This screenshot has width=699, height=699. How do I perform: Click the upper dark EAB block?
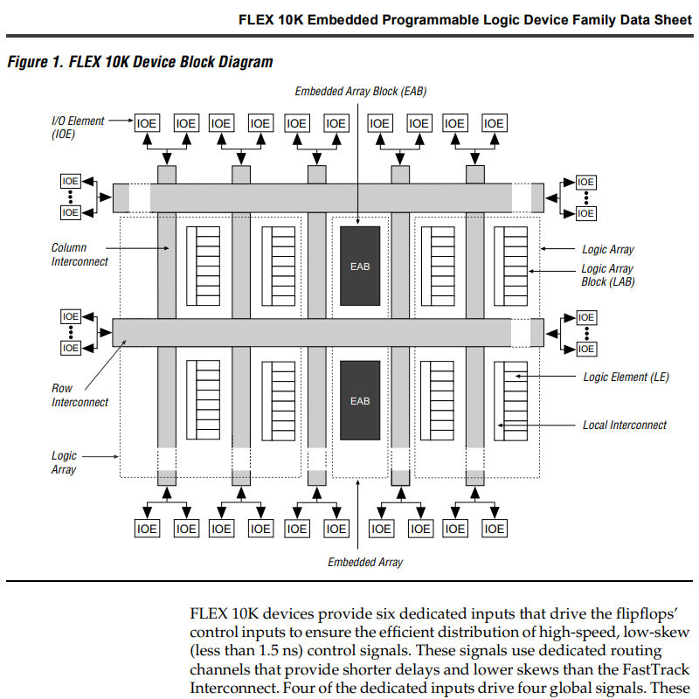click(360, 266)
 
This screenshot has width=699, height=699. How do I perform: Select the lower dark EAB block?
click(360, 400)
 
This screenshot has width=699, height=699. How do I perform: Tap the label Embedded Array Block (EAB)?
click(360, 91)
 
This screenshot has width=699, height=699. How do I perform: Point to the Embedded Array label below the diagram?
click(365, 562)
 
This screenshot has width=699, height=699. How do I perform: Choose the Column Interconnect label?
click(80, 254)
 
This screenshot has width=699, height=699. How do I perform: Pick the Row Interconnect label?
click(80, 395)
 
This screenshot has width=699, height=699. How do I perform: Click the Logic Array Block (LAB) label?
click(607, 275)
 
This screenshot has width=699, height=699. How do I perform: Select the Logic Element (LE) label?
click(626, 377)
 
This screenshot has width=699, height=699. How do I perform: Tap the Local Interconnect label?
click(624, 426)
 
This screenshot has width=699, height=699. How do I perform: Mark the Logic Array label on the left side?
click(64, 462)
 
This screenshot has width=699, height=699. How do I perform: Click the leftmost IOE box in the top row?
click(147, 124)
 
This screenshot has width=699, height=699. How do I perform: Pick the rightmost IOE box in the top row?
click(495, 124)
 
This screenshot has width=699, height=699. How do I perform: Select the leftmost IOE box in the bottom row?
click(147, 529)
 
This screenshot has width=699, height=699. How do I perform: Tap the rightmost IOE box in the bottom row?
click(495, 529)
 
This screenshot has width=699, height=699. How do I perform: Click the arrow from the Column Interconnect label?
click(141, 249)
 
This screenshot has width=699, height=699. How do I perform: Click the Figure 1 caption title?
click(140, 62)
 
